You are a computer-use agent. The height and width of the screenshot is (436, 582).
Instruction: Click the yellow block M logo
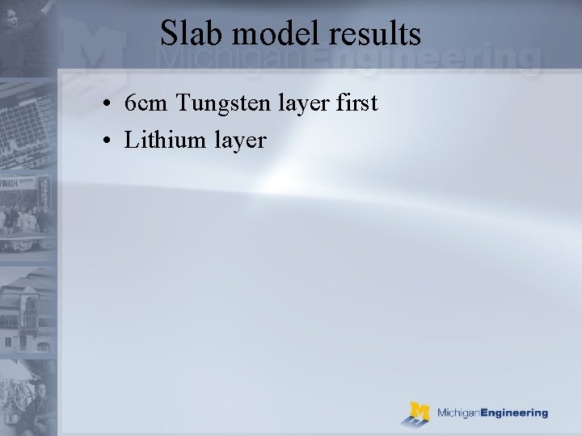[418, 413]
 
